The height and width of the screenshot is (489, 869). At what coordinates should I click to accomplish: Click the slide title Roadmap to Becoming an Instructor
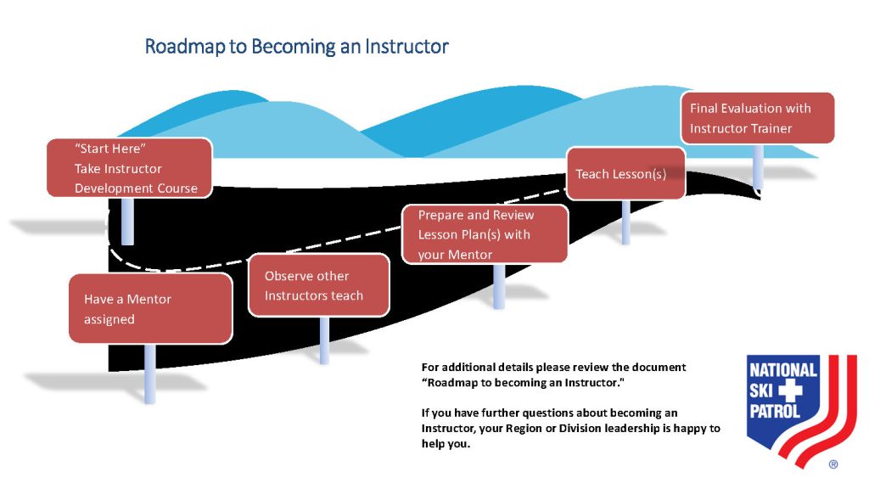[296, 47]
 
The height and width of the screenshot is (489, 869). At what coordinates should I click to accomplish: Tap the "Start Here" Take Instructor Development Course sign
[129, 168]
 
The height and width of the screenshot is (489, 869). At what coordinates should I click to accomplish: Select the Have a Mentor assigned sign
[150, 308]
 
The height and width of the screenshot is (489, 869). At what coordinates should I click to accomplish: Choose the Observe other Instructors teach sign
[319, 285]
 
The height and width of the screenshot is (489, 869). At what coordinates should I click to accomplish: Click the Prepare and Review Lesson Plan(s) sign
[485, 234]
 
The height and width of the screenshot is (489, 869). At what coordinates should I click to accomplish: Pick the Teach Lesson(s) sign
[625, 173]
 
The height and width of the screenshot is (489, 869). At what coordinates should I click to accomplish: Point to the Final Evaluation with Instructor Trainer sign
[758, 118]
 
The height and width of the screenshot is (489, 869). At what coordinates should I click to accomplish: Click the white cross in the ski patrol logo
[790, 391]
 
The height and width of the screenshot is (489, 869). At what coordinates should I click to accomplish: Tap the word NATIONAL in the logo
[783, 370]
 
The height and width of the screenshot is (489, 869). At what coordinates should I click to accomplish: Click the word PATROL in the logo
[775, 411]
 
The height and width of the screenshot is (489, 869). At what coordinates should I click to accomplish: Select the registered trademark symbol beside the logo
[833, 464]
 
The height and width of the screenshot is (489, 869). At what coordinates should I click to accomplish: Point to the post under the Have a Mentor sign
[149, 374]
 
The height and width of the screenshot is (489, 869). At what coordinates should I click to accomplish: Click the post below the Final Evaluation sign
[758, 166]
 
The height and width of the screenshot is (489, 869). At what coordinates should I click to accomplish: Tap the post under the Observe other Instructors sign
[324, 340]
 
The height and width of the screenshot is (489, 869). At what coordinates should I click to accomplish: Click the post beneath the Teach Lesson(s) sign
[625, 222]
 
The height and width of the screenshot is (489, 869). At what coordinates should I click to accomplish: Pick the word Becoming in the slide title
[293, 47]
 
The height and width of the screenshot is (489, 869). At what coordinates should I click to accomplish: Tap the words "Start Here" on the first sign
[110, 149]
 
